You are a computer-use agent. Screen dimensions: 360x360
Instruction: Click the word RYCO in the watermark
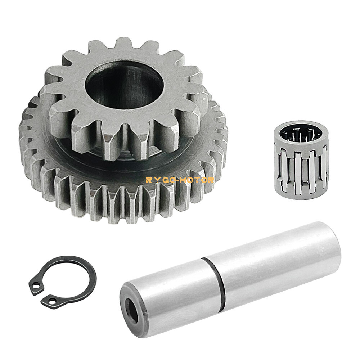[x=159, y=180]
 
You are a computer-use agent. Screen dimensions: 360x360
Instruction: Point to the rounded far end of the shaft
[x=333, y=245]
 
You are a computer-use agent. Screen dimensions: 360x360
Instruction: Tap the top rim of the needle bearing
[x=301, y=123]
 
